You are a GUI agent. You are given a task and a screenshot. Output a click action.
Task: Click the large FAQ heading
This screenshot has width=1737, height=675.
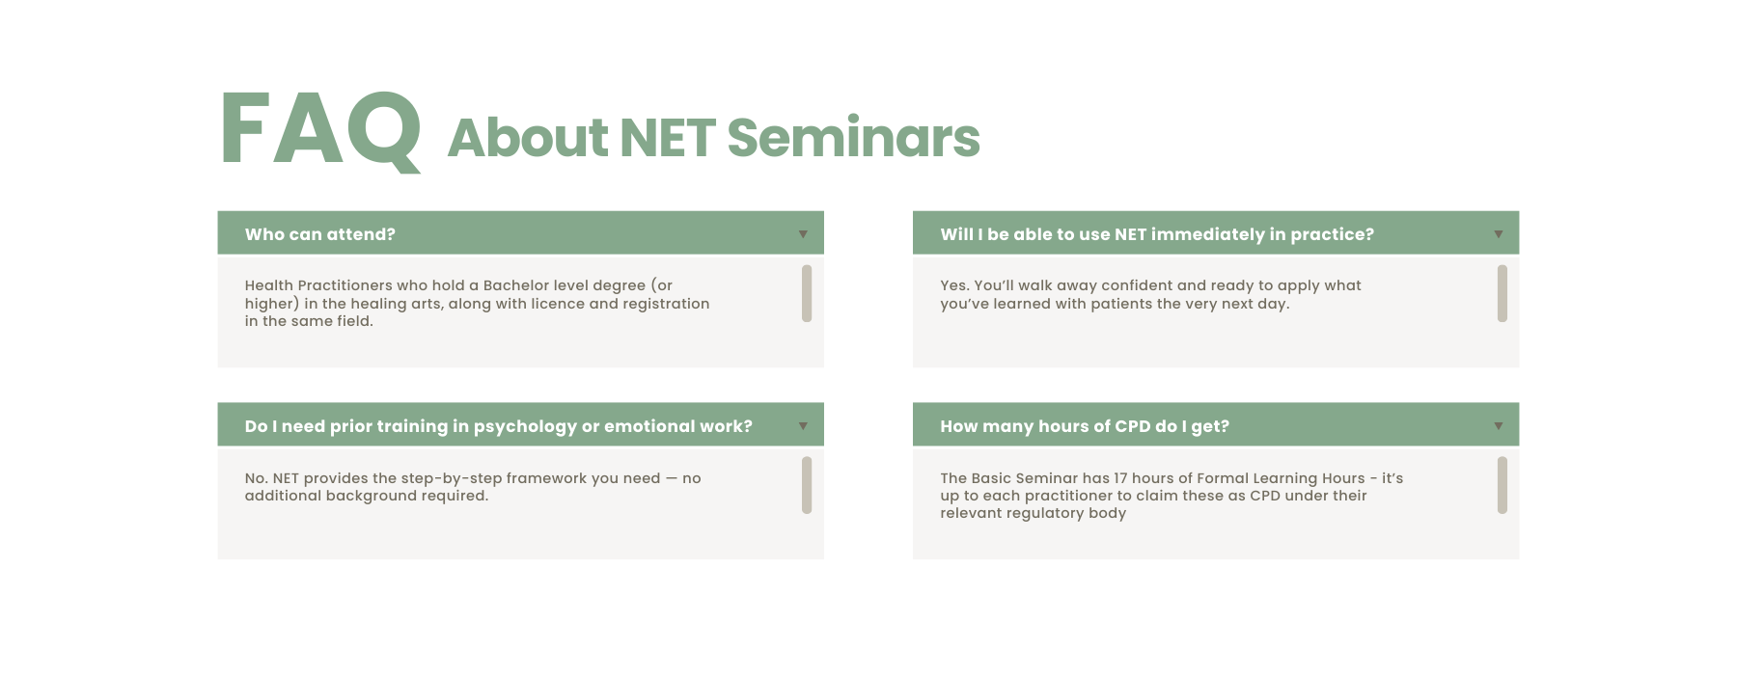tap(321, 130)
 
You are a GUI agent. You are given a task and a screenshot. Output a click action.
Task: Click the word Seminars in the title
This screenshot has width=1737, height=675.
tap(853, 138)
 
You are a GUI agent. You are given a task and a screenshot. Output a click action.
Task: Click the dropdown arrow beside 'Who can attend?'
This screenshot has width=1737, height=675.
tap(803, 234)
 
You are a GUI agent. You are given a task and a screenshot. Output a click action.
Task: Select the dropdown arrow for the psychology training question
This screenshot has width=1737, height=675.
tap(803, 426)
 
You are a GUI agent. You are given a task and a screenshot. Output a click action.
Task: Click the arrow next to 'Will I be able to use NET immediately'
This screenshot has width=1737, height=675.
tap(1499, 234)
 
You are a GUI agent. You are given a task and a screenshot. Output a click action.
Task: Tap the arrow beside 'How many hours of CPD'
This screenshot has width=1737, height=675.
tap(1499, 426)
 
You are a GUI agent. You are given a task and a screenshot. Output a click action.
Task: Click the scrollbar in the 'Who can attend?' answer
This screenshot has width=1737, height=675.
tap(807, 293)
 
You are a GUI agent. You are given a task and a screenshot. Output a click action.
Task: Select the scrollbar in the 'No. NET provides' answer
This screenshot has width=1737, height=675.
tap(807, 485)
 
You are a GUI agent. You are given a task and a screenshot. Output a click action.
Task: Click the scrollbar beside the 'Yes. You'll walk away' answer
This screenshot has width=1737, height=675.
tap(1503, 293)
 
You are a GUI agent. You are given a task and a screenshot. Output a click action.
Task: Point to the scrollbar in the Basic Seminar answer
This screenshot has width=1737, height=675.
tap(1503, 485)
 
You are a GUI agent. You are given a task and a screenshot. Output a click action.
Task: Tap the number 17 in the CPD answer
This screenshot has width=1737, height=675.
tap(1120, 478)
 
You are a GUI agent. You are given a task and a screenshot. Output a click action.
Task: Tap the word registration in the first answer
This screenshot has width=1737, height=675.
tap(666, 304)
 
